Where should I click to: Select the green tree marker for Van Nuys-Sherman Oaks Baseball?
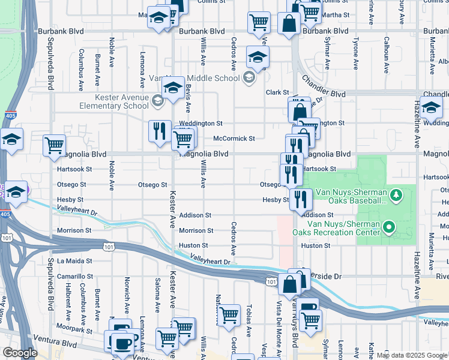coord(396,195)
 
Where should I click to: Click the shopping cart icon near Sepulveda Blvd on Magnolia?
coord(55,146)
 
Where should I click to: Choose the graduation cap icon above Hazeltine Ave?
coord(431,108)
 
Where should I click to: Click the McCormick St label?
coord(234,139)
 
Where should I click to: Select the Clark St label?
coord(277,92)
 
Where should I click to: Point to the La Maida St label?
coord(74,261)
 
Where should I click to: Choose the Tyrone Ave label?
coord(355,55)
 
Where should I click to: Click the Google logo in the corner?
coord(20,353)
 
